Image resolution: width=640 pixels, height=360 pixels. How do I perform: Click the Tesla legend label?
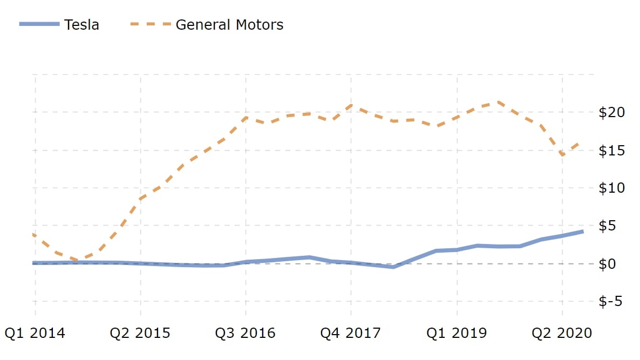pos(81,24)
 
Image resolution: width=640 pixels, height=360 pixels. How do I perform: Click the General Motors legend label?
pos(229,24)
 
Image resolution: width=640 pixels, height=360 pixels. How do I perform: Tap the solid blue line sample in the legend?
pos(39,24)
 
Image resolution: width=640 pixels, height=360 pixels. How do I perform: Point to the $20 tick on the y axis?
pos(611,112)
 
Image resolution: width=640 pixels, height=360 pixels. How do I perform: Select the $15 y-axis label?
pos(611,150)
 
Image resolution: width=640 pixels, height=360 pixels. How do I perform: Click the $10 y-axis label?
pos(611,188)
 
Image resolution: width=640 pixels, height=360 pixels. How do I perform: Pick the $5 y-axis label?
pos(611,226)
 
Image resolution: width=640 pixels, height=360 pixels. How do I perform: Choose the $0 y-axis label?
pos(611,263)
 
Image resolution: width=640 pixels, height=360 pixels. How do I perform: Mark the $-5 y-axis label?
pos(611,301)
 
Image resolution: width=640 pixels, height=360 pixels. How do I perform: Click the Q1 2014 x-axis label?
pos(35,333)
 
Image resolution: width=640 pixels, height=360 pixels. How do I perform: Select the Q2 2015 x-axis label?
pos(140,333)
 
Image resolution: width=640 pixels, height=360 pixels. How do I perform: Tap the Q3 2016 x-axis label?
pos(246,333)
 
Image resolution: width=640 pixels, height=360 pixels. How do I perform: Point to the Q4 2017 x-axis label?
pos(351,333)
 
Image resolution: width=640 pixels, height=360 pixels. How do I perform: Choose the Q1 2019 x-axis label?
pos(457,333)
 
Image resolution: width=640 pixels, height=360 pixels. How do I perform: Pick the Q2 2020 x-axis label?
pos(562,333)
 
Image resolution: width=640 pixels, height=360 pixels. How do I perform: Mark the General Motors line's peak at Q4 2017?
pos(351,106)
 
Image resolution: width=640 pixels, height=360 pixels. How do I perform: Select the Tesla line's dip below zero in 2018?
pos(393,267)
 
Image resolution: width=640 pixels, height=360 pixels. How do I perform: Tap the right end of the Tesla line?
pos(583,232)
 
